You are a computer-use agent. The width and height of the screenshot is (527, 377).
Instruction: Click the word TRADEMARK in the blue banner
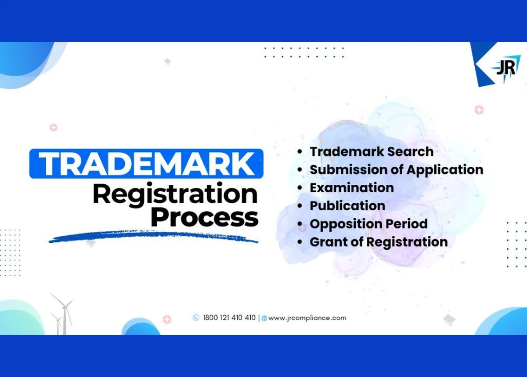pyautogui.click(x=147, y=164)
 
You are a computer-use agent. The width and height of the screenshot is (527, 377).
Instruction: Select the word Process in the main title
pyautogui.click(x=205, y=217)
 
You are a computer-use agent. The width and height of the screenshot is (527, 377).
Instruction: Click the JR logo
pyautogui.click(x=506, y=68)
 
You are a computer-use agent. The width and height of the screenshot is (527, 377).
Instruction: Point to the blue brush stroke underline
pyautogui.click(x=153, y=236)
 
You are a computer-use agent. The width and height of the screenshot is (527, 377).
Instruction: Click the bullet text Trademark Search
pyautogui.click(x=372, y=151)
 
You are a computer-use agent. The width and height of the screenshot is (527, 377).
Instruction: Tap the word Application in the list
pyautogui.click(x=445, y=170)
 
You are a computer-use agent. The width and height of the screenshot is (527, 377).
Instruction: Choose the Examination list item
pyautogui.click(x=352, y=188)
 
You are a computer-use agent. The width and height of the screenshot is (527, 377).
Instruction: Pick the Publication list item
pyautogui.click(x=347, y=206)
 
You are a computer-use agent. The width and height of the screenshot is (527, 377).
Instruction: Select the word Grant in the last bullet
pyautogui.click(x=328, y=242)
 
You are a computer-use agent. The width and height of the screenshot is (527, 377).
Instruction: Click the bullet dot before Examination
pyautogui.click(x=300, y=188)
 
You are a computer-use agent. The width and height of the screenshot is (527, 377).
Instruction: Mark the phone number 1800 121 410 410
pyautogui.click(x=229, y=318)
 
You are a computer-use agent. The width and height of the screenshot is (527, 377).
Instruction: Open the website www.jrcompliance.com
pyautogui.click(x=307, y=318)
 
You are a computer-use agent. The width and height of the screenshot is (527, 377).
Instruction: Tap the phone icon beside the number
pyautogui.click(x=196, y=318)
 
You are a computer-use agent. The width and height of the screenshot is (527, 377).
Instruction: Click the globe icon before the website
pyautogui.click(x=264, y=318)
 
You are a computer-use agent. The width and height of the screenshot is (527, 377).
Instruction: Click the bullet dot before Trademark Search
pyautogui.click(x=300, y=151)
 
